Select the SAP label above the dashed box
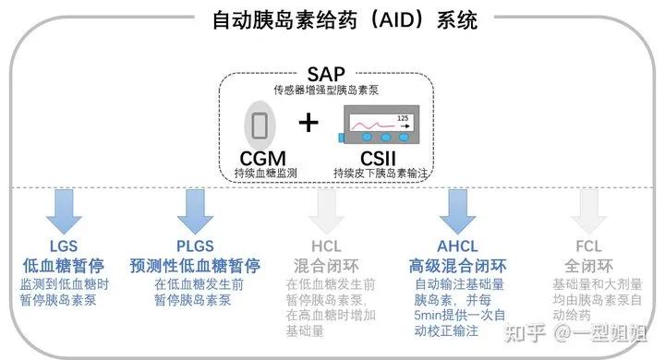(x=327, y=73)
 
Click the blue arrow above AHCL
(x=456, y=210)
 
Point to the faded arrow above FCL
(x=587, y=210)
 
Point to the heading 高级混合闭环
(x=457, y=266)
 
